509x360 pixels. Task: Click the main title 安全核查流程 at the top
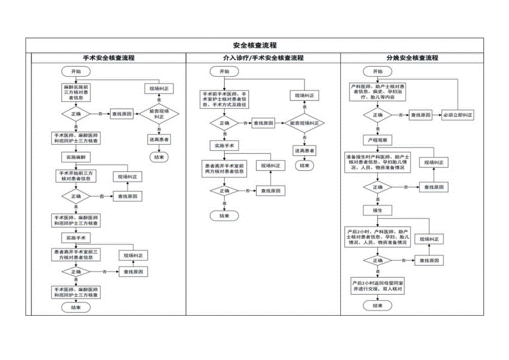[x=254, y=45]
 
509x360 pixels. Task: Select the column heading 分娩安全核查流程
[x=412, y=58]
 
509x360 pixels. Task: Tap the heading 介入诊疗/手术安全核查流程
[x=263, y=58]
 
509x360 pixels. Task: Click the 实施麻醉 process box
[x=76, y=157]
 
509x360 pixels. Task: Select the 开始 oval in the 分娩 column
[x=378, y=71]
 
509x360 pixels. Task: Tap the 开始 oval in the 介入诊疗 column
[x=224, y=71]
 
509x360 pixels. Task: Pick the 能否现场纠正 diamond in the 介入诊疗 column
[x=304, y=123]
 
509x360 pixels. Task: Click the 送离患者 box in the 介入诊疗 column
[x=304, y=150]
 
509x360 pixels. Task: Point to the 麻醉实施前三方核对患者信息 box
[x=76, y=92]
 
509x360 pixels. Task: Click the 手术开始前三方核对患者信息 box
[x=76, y=176]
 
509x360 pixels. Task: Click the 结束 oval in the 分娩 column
[x=378, y=305]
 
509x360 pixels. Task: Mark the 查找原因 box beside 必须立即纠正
[x=421, y=115]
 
